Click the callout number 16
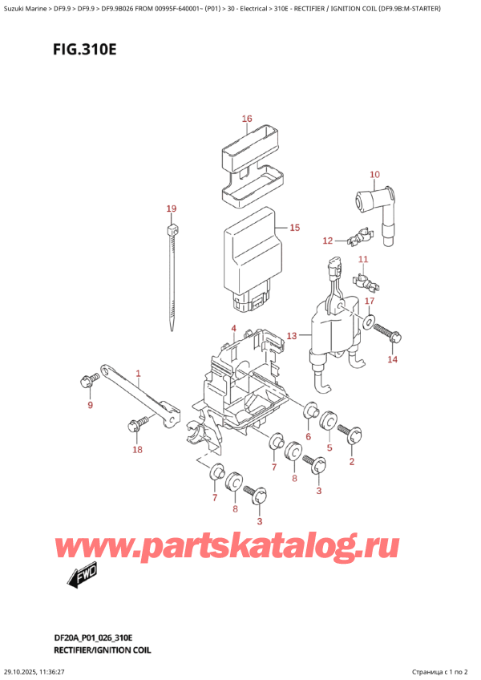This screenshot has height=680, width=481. (x=247, y=119)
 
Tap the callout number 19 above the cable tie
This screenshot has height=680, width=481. (x=172, y=208)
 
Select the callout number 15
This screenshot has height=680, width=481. (x=294, y=228)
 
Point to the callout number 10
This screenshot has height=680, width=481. (x=374, y=174)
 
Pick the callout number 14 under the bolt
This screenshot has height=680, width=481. (x=393, y=359)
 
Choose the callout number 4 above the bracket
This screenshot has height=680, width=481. (x=234, y=328)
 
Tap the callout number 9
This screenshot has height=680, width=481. (x=91, y=405)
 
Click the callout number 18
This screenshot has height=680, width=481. (x=138, y=449)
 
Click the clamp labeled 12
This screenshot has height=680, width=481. (x=358, y=237)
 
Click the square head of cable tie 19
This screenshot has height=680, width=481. (x=172, y=228)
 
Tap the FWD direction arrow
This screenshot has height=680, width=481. (x=82, y=576)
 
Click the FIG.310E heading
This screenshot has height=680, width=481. (x=85, y=50)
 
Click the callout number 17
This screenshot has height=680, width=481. (x=370, y=301)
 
